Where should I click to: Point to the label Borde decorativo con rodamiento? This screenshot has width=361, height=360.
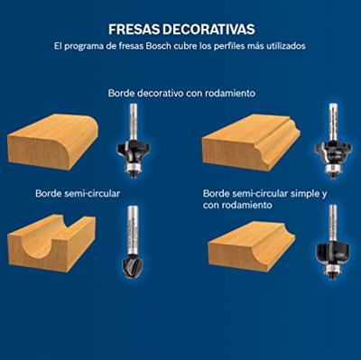(180, 92)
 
